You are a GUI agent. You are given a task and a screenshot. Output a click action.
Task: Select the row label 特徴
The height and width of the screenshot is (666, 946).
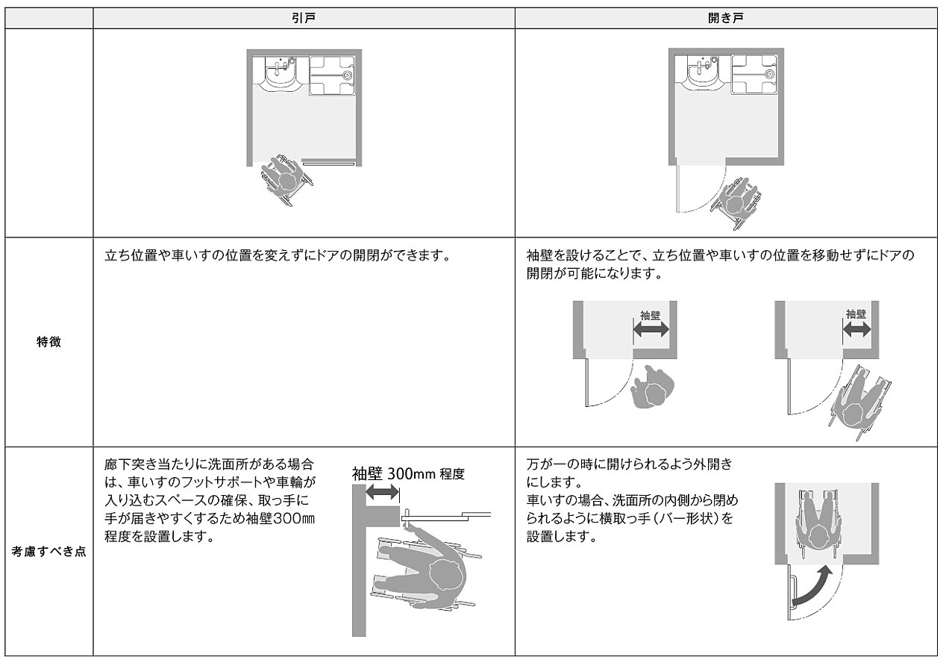[49, 343]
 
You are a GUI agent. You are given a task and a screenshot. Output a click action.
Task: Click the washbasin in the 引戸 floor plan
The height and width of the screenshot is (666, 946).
[279, 75]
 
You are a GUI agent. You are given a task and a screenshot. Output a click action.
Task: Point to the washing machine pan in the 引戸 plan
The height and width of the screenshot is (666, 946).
[331, 75]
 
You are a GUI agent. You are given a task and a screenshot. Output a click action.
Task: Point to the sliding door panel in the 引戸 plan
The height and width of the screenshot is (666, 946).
[328, 161]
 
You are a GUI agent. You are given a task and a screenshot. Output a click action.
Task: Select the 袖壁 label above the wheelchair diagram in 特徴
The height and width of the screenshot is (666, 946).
[856, 314]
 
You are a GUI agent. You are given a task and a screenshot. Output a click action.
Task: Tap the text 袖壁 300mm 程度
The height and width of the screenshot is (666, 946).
[408, 473]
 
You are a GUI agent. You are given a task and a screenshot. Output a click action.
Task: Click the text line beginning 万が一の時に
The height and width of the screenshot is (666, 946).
[630, 464]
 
